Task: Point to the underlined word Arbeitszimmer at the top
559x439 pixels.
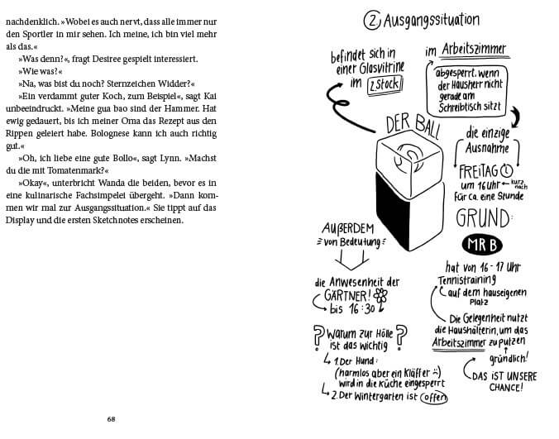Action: pos(477,50)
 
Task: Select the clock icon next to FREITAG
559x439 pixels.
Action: pos(507,171)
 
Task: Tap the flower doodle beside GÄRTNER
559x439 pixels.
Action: pos(380,295)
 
